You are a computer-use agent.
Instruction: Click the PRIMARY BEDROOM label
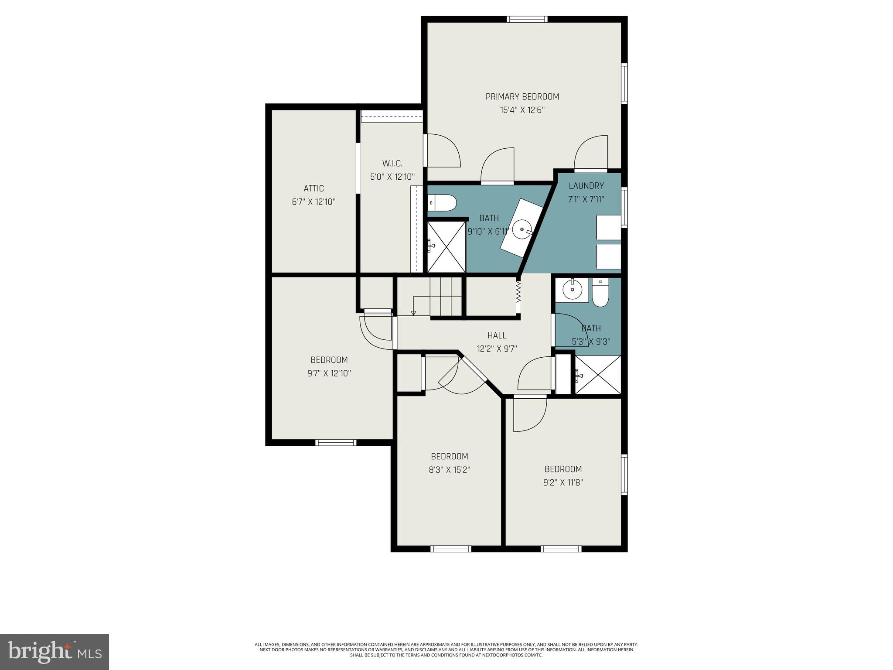[522, 96]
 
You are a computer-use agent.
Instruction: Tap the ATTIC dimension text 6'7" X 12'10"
[314, 202]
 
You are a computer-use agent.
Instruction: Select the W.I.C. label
[392, 164]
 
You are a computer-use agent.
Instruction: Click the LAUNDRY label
[586, 186]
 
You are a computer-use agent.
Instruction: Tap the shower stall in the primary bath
[446, 246]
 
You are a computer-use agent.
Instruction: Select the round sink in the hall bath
[570, 288]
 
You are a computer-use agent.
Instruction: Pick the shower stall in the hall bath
[598, 375]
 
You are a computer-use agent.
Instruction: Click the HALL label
[497, 335]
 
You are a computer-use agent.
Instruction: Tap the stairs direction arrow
[413, 313]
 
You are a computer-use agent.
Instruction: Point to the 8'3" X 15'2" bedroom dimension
[450, 470]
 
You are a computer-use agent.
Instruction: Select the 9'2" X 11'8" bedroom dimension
[563, 482]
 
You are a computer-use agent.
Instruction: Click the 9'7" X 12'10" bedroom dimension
[329, 373]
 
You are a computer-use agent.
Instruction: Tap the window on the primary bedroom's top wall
[527, 19]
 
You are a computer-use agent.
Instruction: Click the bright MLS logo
[55, 652]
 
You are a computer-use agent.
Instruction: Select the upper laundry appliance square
[608, 227]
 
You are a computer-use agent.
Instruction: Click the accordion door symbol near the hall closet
[518, 291]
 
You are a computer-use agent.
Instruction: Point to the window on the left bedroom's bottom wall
[336, 443]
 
